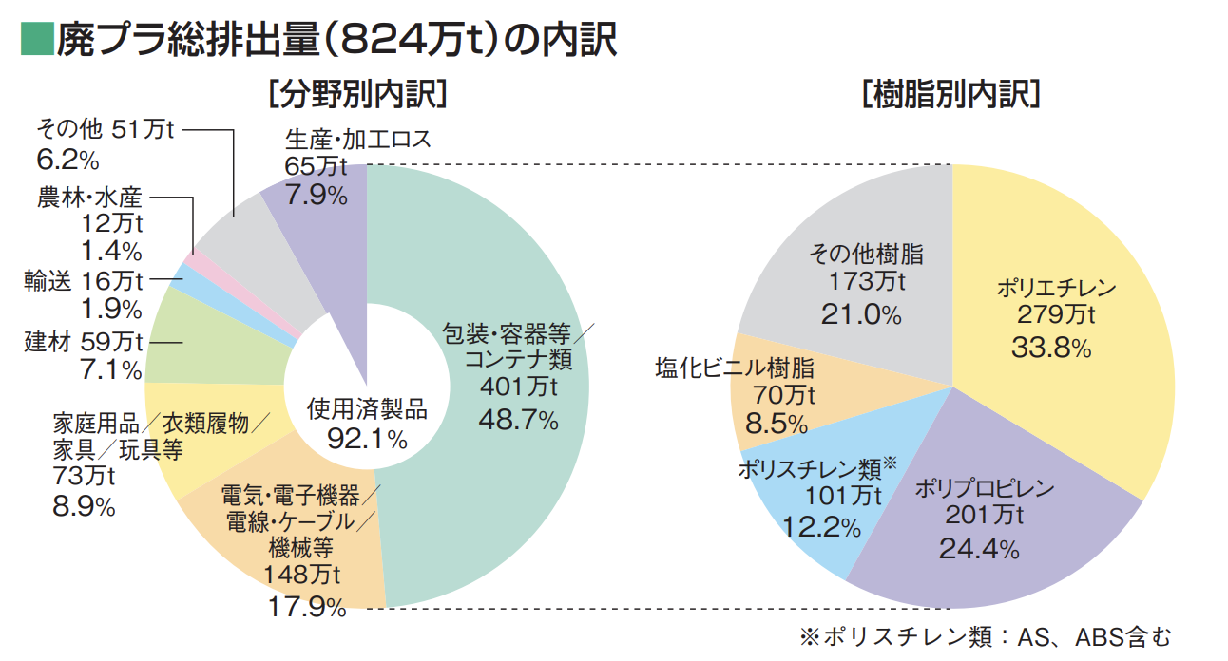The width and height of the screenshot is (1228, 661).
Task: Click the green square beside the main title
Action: click(x=36, y=39)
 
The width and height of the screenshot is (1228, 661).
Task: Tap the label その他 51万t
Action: click(x=104, y=129)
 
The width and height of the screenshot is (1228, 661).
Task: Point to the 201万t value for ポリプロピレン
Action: click(x=984, y=516)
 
